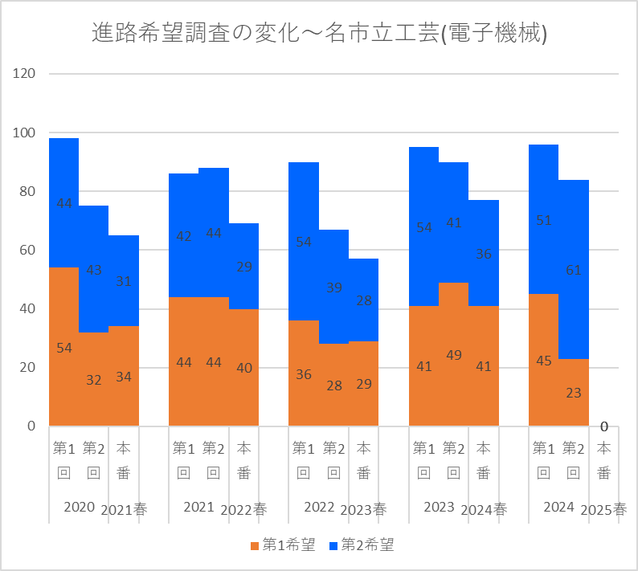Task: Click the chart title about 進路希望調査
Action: (319, 33)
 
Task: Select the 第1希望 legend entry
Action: (282, 545)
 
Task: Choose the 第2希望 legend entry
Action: (362, 545)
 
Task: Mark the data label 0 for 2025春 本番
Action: (603, 426)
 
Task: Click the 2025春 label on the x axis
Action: (603, 509)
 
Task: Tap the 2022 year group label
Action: (319, 507)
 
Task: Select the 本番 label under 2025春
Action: (603, 460)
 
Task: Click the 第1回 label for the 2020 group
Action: (64, 460)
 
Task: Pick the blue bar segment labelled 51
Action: (544, 219)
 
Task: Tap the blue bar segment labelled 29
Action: (244, 266)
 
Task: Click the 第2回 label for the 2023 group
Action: (453, 460)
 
